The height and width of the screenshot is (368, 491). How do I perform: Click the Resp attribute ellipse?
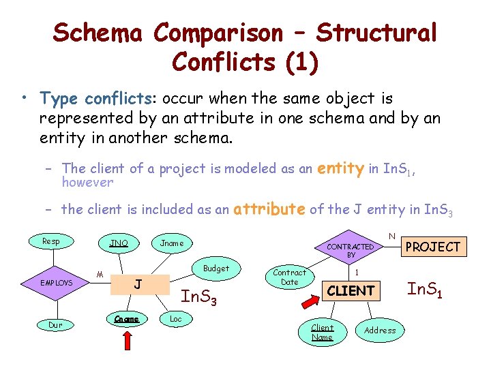(x=51, y=241)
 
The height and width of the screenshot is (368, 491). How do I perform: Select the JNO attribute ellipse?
(x=119, y=243)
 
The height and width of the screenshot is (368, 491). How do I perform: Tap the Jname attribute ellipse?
(x=172, y=243)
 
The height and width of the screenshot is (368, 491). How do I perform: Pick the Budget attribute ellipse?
(x=216, y=269)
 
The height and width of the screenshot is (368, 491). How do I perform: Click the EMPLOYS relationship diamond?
(x=56, y=282)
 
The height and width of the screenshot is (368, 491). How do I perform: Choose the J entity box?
(x=138, y=284)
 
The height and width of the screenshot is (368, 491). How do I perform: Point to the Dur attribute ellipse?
(x=56, y=325)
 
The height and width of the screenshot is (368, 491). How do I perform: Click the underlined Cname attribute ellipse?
(x=128, y=319)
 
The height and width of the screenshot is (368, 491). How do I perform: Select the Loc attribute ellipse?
(x=176, y=319)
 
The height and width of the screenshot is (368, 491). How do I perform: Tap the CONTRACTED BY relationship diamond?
(x=351, y=250)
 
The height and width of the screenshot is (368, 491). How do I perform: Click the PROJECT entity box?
(x=433, y=247)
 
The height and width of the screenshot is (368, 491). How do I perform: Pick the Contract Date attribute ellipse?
(x=290, y=277)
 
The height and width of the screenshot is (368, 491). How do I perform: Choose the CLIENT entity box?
(x=351, y=291)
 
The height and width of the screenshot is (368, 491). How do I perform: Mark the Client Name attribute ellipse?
(x=322, y=332)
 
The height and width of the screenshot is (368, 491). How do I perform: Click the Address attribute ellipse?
(x=380, y=331)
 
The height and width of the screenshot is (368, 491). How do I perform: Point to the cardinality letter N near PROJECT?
(x=391, y=236)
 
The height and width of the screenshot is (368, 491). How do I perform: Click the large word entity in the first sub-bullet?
(x=340, y=168)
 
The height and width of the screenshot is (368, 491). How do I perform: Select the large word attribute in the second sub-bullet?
(x=269, y=209)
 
